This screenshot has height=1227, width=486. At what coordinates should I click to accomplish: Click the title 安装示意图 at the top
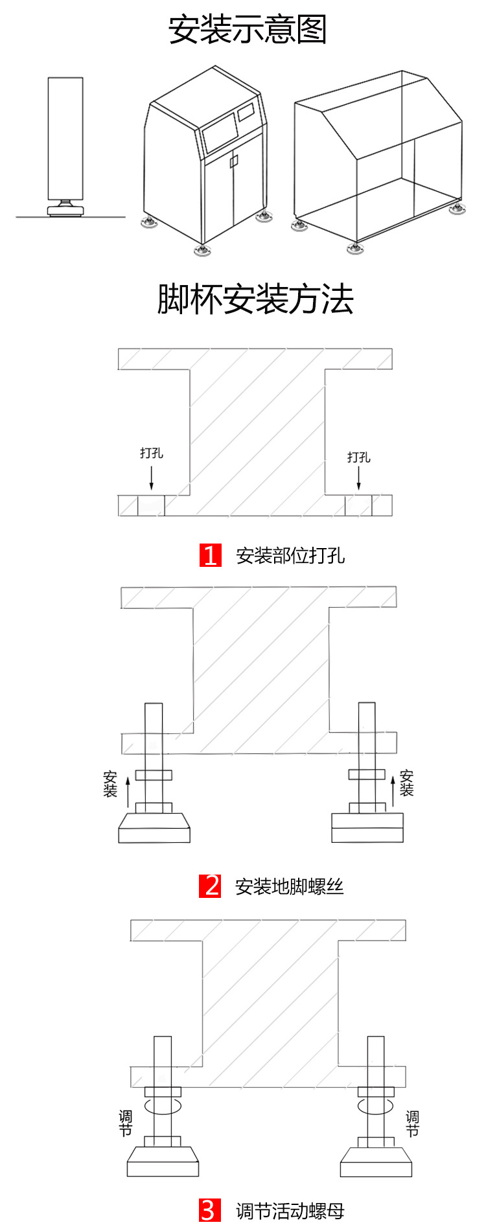tap(247, 30)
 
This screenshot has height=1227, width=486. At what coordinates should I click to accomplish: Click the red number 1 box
tap(211, 555)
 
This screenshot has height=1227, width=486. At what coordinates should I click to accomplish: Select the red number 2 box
tap(211, 886)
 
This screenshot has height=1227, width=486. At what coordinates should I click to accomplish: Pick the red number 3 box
tap(209, 1210)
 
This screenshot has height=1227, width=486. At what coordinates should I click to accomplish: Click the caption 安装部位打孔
tap(290, 556)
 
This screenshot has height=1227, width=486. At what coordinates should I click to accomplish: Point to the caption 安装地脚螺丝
tap(290, 886)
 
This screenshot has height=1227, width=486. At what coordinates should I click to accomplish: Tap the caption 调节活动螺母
tap(290, 1211)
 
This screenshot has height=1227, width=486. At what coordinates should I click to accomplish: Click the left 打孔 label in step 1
tap(152, 453)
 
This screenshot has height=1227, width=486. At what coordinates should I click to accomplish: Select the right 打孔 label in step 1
tap(358, 457)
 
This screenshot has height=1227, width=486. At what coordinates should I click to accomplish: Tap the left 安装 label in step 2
tap(110, 784)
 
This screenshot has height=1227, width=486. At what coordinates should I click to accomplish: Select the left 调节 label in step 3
tap(125, 1123)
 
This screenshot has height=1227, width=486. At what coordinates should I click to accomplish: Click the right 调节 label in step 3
tap(412, 1123)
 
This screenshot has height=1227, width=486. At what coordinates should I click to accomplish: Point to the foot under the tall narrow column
tap(65, 207)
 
